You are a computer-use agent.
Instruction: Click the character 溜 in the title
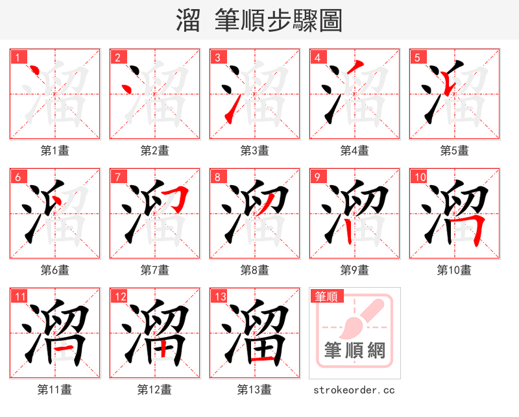click(x=187, y=20)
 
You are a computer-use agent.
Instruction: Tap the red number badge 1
click(x=17, y=57)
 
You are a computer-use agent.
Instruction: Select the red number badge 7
click(x=117, y=177)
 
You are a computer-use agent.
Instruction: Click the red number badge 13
click(x=219, y=296)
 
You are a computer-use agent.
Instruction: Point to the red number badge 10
click(x=419, y=177)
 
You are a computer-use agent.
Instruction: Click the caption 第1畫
click(x=54, y=151)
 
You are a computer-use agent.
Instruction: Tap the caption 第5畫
click(x=454, y=151)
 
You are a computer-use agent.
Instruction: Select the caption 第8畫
click(x=254, y=270)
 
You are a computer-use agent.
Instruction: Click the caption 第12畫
click(x=154, y=390)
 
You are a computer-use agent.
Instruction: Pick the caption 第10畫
click(x=454, y=270)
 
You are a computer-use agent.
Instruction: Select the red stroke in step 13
click(x=263, y=358)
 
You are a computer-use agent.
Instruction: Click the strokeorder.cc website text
click(x=354, y=390)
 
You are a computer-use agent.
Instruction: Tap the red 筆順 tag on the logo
click(x=326, y=297)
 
